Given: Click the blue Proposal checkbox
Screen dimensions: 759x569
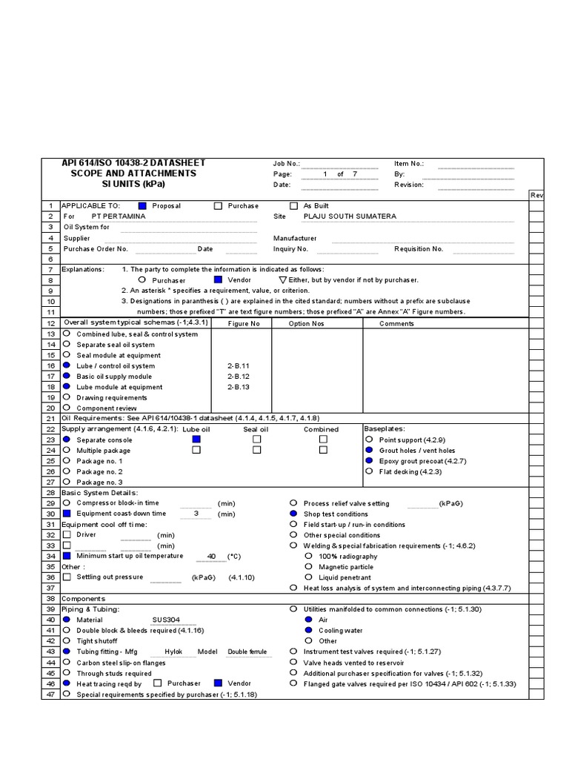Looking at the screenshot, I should pyautogui.click(x=143, y=206).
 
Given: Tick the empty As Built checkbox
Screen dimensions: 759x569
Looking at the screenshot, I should pyautogui.click(x=293, y=206).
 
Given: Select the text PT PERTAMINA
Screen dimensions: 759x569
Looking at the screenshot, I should pyautogui.click(x=119, y=216).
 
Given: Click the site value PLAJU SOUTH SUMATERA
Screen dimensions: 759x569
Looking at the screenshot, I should pyautogui.click(x=350, y=216).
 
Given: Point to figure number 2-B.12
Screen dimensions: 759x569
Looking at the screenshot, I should pyautogui.click(x=239, y=377).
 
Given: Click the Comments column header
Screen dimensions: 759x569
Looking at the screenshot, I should pyautogui.click(x=397, y=324).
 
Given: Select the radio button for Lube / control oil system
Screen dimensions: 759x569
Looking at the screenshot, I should pyautogui.click(x=67, y=366).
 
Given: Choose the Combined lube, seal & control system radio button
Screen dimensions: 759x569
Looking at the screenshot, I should pyautogui.click(x=67, y=334).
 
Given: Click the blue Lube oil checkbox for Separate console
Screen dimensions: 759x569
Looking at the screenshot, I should pyautogui.click(x=196, y=440).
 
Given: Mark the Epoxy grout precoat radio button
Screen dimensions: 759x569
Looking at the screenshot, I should pyautogui.click(x=368, y=460).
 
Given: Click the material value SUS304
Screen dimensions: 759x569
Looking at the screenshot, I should pyautogui.click(x=165, y=620).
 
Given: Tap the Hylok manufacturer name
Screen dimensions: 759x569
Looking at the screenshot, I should pyautogui.click(x=173, y=652).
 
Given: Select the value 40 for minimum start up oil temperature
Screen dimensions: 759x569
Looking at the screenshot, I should pyautogui.click(x=211, y=556).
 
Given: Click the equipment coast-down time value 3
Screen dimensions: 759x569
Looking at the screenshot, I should pyautogui.click(x=196, y=514).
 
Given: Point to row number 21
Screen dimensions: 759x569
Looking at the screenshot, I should pyautogui.click(x=50, y=419).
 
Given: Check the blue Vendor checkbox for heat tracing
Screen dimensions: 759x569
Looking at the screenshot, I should pyautogui.click(x=218, y=683).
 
